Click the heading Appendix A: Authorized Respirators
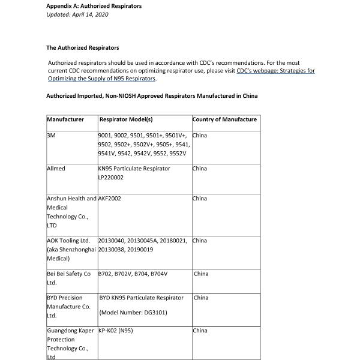point(94,6)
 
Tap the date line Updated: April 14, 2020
point(77,14)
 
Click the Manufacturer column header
point(65,119)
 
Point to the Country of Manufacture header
point(224,119)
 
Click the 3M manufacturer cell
point(51,136)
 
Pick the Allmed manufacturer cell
point(56,169)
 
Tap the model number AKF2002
point(110,199)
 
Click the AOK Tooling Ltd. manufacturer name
point(68,241)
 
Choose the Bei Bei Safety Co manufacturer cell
point(68,274)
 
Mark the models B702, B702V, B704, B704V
point(133,274)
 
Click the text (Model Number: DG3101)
point(133,313)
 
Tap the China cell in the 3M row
point(200,136)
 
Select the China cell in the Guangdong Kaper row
point(200,331)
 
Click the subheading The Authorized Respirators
point(82,47)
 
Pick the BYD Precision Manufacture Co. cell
point(68,306)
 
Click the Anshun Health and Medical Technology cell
point(71,212)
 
